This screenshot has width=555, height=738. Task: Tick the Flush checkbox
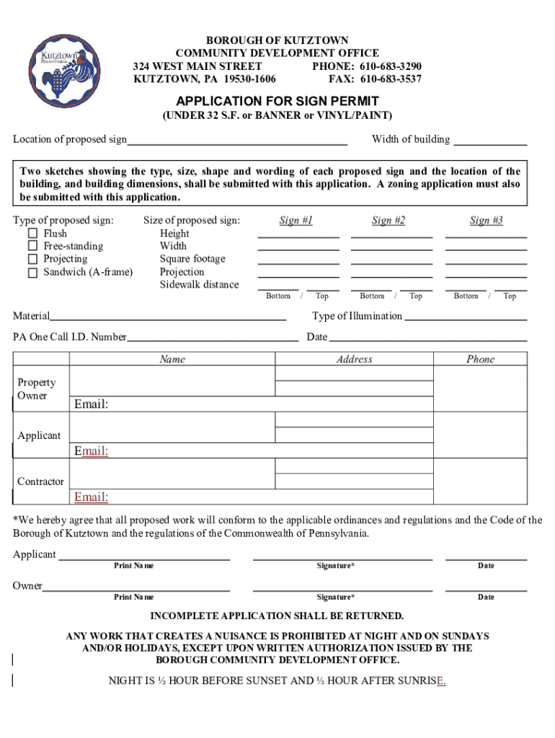[32, 234]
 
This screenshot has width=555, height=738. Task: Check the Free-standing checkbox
[32, 246]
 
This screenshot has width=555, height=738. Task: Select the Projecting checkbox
[32, 259]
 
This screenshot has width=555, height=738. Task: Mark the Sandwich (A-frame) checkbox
[32, 272]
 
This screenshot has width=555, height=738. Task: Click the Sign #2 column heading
[388, 221]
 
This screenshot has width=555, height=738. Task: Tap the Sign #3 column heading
[487, 221]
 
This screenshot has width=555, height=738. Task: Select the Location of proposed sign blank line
[237, 141]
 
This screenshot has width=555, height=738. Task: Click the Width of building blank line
[490, 141]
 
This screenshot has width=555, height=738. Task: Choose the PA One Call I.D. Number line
[213, 338]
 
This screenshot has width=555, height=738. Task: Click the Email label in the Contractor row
[92, 497]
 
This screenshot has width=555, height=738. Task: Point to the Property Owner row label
[36, 389]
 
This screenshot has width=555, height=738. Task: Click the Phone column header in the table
[480, 359]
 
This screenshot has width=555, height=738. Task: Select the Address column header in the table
[354, 359]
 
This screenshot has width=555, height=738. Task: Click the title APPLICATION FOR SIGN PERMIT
[277, 101]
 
